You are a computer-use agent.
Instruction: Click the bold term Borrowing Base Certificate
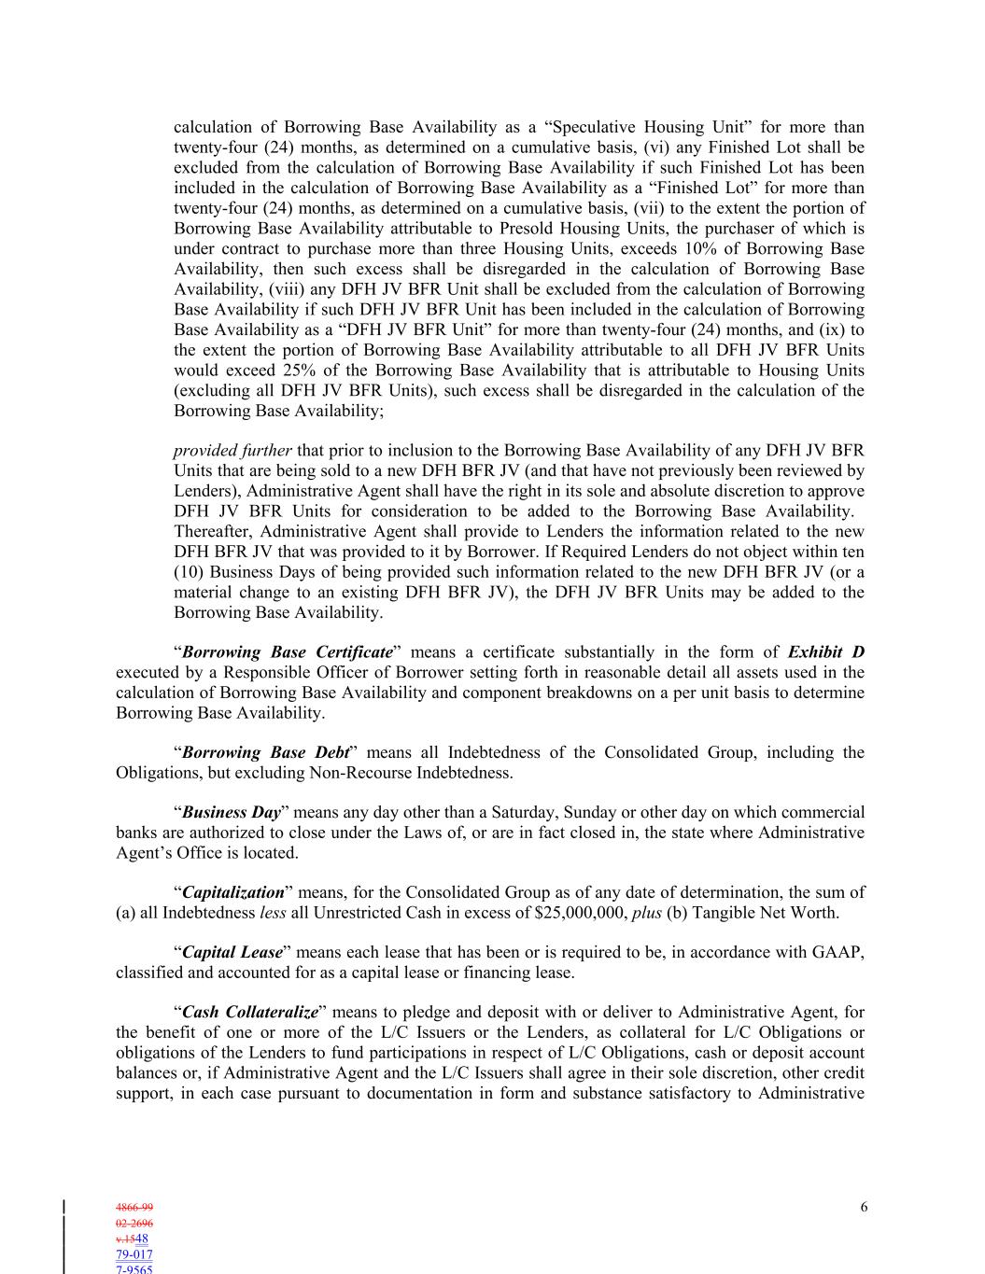coord(287,652)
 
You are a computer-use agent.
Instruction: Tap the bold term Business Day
coord(232,813)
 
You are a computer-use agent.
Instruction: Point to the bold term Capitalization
coord(233,892)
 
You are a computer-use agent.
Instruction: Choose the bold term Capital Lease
coord(232,953)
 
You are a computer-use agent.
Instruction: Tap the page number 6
coord(864,1207)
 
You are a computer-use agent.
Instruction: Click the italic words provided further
coord(232,451)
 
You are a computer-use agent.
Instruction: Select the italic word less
coord(273,913)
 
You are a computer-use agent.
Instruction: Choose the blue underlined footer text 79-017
coord(134,1254)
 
